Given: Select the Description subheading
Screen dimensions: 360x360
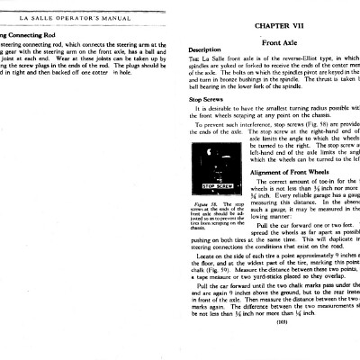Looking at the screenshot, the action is [206, 49].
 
